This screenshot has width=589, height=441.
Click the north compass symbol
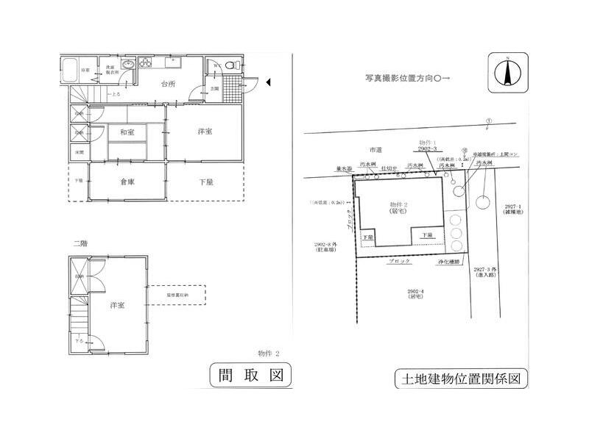pos(507,72)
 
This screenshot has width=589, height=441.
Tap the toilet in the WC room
pos(230,67)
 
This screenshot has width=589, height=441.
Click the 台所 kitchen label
pos(169,84)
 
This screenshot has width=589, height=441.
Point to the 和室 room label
pos(127,133)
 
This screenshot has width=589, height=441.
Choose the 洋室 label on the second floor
pos(117,305)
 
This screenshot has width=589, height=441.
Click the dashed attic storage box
pos(177,295)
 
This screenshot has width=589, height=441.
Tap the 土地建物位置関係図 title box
pos(462,379)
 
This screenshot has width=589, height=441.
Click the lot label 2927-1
pos(509,207)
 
